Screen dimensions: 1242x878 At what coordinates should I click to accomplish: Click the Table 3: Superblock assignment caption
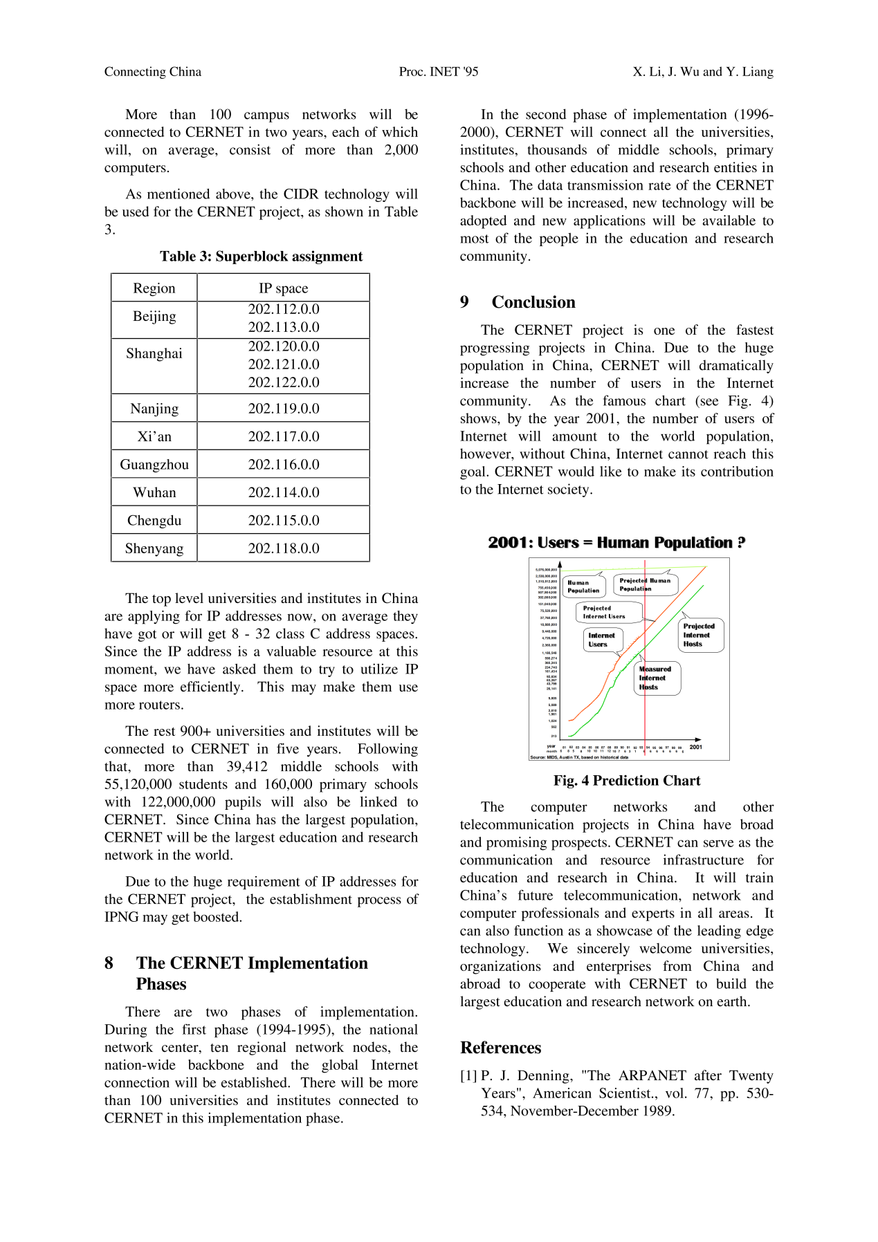(x=261, y=257)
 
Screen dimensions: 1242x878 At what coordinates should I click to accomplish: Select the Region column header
(x=154, y=288)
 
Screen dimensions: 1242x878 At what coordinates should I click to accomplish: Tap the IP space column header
(x=284, y=288)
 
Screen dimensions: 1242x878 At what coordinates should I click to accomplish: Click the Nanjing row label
(x=154, y=409)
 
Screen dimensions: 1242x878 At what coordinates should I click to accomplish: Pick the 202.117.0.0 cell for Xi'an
(x=284, y=436)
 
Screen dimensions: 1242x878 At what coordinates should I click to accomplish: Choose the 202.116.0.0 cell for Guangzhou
(x=284, y=465)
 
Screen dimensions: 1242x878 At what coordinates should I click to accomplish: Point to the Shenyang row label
(x=154, y=548)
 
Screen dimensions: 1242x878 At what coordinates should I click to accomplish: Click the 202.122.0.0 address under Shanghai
(x=284, y=382)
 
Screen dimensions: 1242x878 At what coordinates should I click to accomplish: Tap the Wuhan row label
(x=154, y=492)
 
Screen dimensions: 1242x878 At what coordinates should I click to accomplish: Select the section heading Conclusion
(x=533, y=302)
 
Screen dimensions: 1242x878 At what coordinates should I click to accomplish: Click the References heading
(x=501, y=1048)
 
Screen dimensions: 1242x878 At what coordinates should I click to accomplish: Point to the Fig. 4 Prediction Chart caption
(x=627, y=781)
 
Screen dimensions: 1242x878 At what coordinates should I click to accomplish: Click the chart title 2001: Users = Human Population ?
(x=616, y=543)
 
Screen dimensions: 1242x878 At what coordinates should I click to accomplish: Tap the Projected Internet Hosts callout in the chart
(x=699, y=635)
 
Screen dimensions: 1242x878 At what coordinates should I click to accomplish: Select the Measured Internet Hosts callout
(x=656, y=678)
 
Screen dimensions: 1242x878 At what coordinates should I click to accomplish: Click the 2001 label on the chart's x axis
(x=695, y=747)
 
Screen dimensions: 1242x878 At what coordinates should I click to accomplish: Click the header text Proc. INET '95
(x=439, y=72)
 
